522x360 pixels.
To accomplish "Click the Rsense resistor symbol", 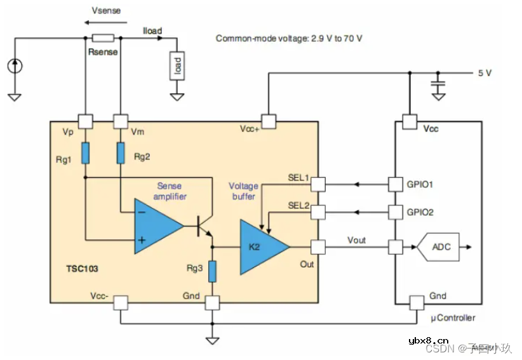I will point(103,38).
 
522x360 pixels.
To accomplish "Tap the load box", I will point(177,66).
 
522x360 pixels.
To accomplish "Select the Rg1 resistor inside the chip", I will point(84,153).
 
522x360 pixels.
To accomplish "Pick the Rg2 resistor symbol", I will point(120,153).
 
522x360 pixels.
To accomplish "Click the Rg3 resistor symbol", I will point(213,271).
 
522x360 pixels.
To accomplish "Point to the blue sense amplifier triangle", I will point(156,225).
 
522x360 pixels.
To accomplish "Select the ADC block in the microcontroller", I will point(441,247).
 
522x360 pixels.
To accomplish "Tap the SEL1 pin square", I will point(317,185).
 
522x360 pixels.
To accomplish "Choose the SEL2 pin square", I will point(317,211).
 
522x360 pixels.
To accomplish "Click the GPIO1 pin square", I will point(396,185).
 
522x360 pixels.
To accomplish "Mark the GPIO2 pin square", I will point(396,211).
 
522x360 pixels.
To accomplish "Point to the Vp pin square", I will point(84,120).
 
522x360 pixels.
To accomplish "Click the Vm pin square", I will point(120,120).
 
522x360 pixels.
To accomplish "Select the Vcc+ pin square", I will point(269,120).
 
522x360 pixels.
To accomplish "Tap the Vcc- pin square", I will point(120,303).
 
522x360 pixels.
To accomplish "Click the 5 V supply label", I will point(485,73).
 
